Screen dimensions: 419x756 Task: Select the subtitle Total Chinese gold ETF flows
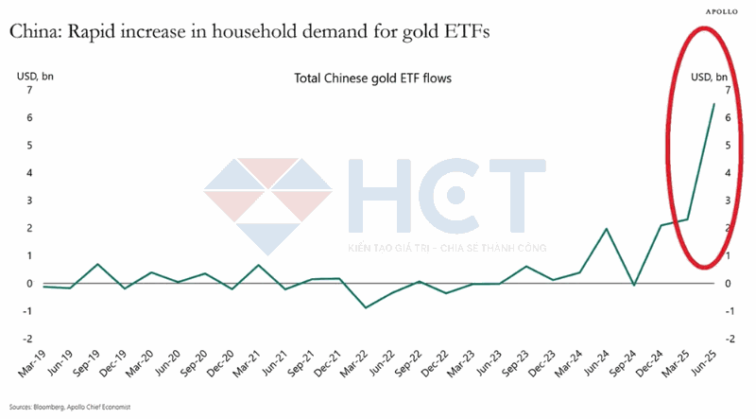[x=374, y=79]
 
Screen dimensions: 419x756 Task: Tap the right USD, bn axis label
[x=711, y=77]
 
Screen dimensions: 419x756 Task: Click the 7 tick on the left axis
[x=30, y=91]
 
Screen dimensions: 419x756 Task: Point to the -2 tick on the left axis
[x=28, y=339]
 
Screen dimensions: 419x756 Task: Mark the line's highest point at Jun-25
[x=713, y=103]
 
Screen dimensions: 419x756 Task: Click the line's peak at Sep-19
[x=98, y=264]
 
